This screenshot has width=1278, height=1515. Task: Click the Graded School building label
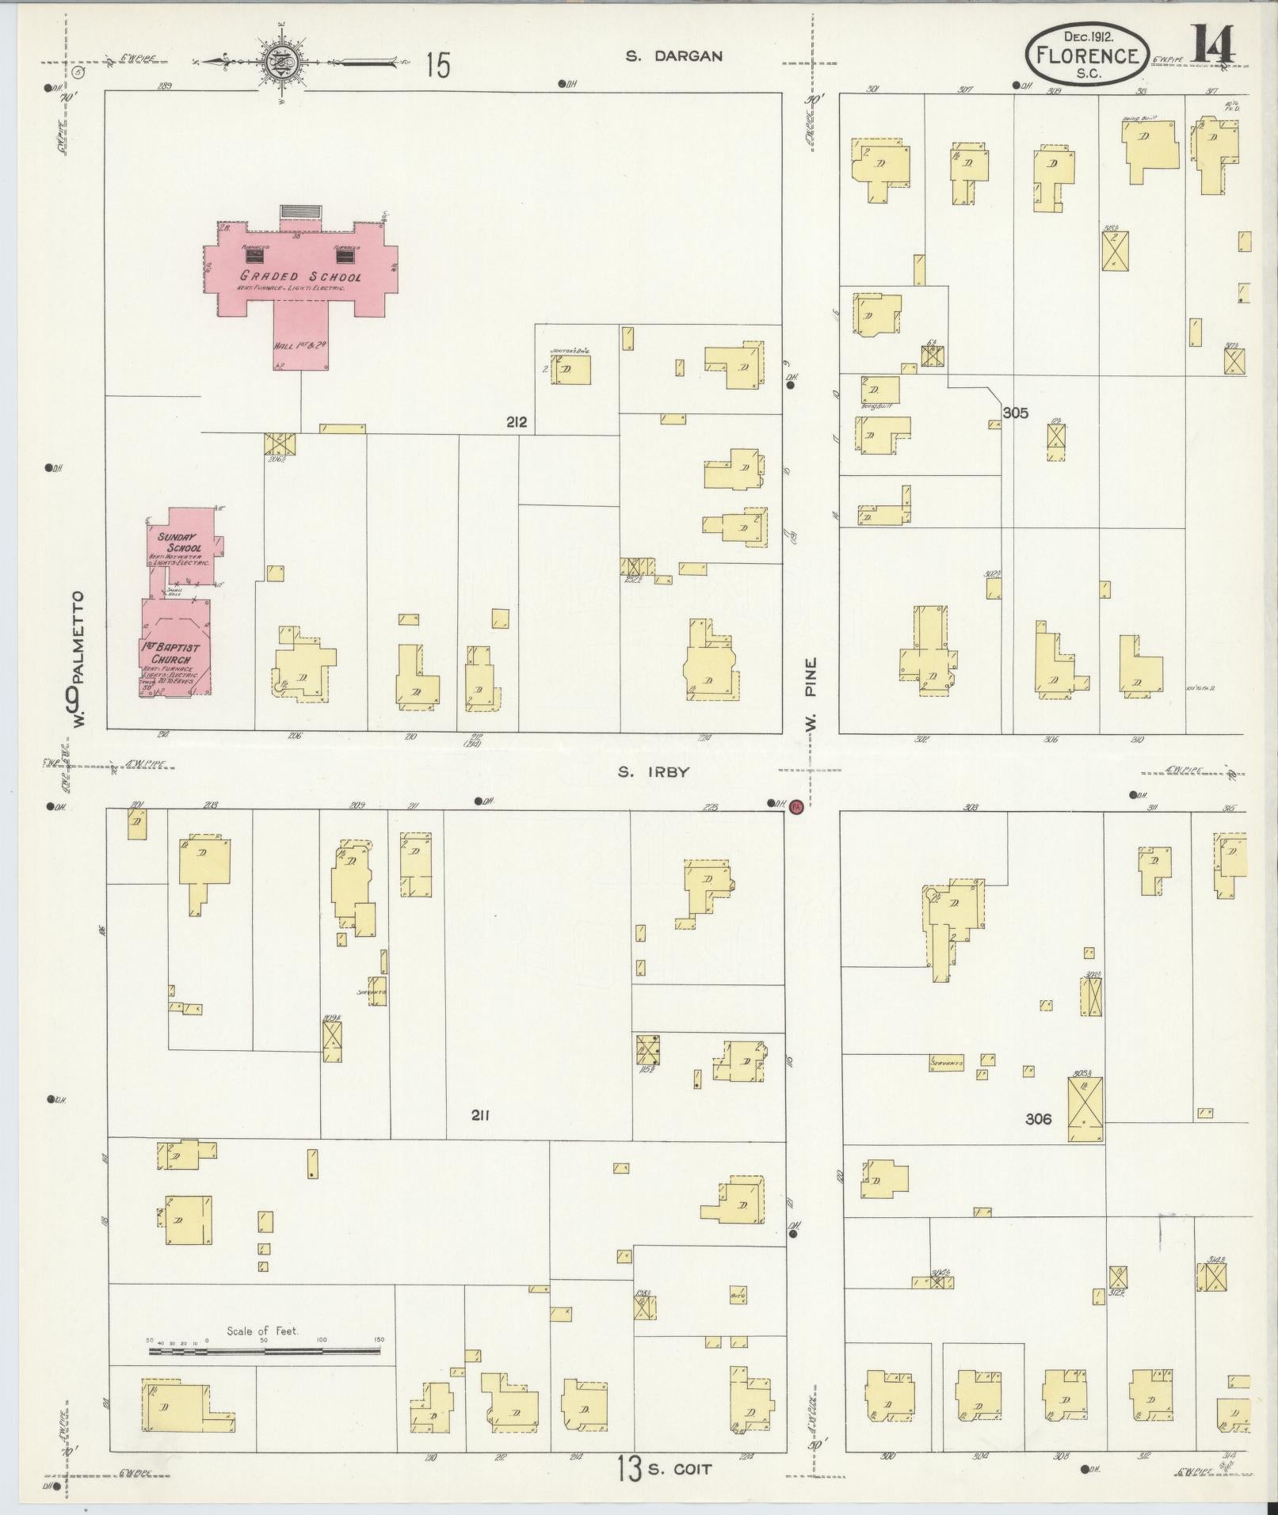pyautogui.click(x=301, y=277)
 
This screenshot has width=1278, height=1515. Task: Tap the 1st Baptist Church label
pyautogui.click(x=171, y=653)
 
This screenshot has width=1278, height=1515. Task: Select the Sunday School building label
pyautogui.click(x=180, y=542)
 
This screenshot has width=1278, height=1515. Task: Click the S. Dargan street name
pyautogui.click(x=673, y=56)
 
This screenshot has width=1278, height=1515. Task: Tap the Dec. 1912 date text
pyautogui.click(x=1085, y=36)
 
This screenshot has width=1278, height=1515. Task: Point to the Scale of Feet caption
pyautogui.click(x=262, y=1331)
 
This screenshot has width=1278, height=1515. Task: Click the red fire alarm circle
pyautogui.click(x=796, y=806)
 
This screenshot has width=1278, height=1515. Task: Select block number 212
pyautogui.click(x=517, y=422)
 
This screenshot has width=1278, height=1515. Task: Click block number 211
pyautogui.click(x=479, y=1116)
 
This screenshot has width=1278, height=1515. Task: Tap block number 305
pyautogui.click(x=1015, y=413)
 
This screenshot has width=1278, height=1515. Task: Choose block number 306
pyautogui.click(x=1038, y=1119)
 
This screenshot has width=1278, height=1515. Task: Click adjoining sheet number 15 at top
pyautogui.click(x=437, y=65)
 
